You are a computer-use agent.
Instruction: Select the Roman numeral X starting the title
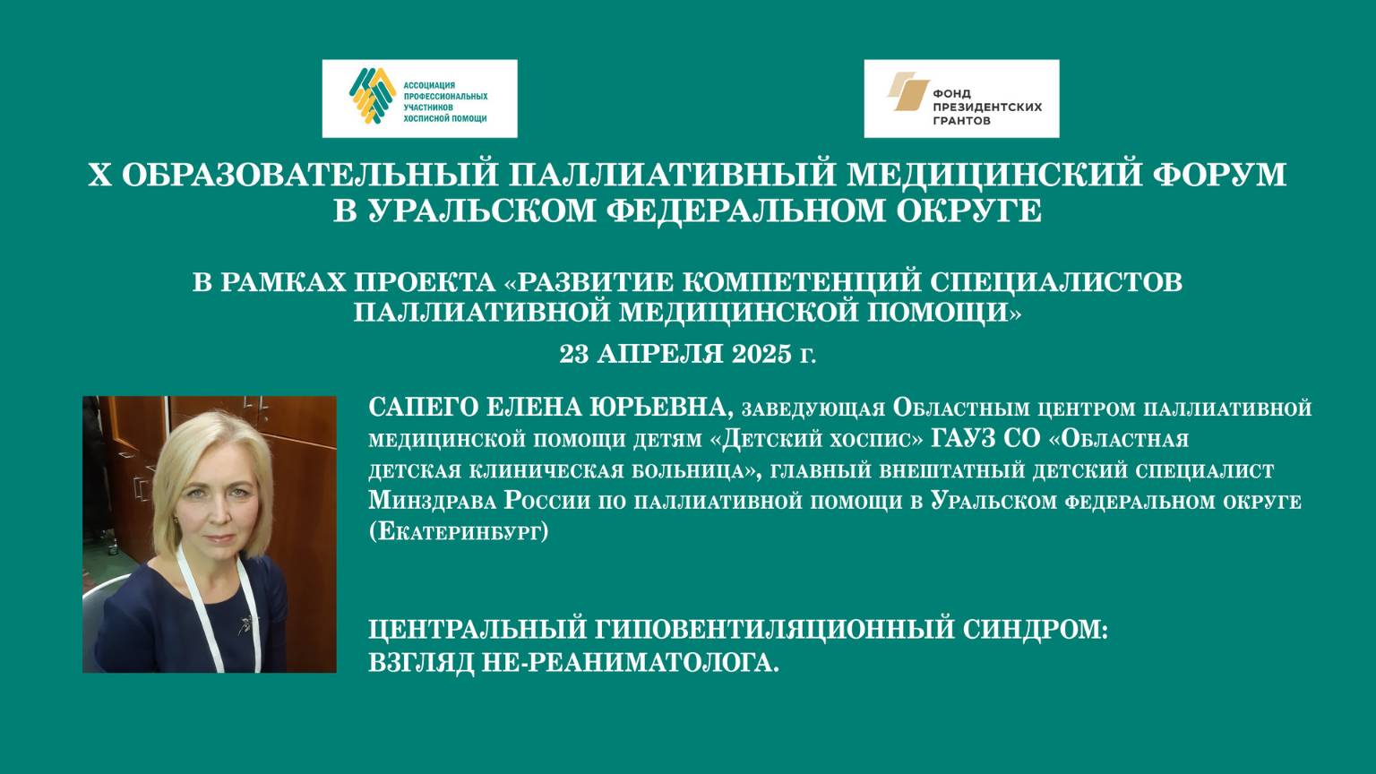tap(99, 175)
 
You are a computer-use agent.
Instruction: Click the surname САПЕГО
tap(422, 408)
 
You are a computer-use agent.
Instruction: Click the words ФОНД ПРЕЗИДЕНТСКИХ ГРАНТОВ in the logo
tap(986, 107)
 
